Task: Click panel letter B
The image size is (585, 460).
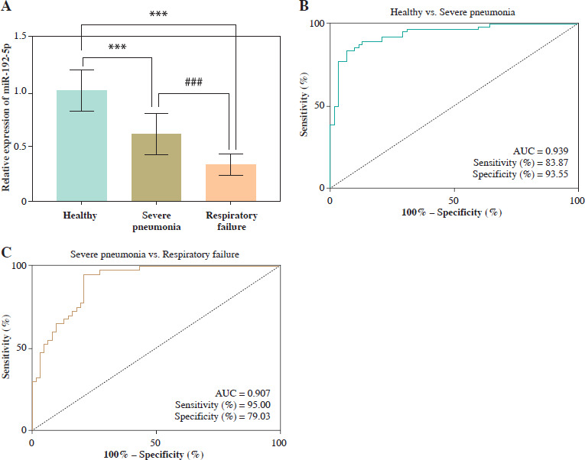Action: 304,6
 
